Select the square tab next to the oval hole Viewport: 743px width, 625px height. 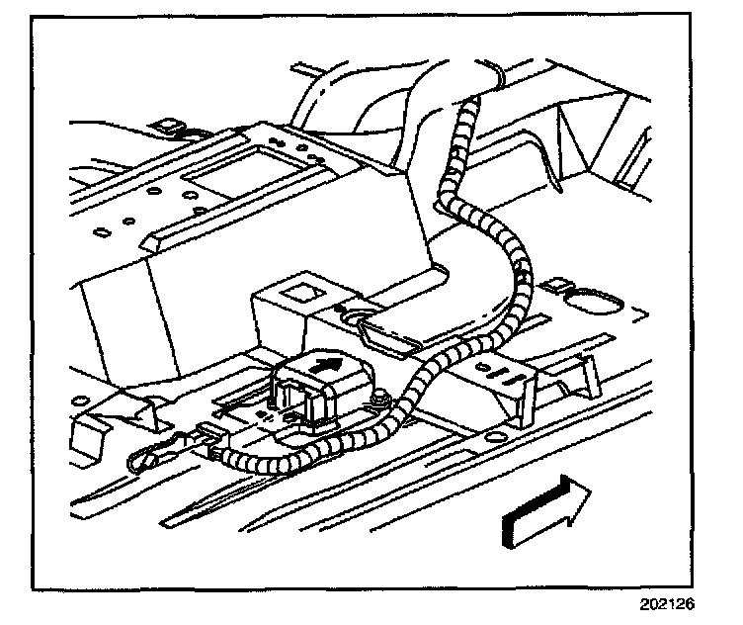[x=559, y=286]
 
